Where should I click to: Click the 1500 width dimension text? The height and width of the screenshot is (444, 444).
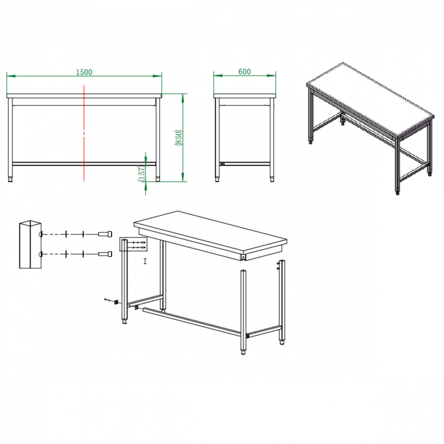point(84,72)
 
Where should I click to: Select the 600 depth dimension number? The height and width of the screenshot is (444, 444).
point(244,72)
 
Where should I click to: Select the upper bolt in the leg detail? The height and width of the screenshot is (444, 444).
point(105,234)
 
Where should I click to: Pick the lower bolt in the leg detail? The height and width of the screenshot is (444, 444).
point(105,254)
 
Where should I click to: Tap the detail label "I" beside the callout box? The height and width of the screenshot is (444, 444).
point(145,261)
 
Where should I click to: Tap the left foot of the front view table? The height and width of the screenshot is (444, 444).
point(11,180)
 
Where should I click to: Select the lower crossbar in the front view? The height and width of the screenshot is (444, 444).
point(84,163)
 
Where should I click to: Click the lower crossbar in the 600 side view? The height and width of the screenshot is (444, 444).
point(245,164)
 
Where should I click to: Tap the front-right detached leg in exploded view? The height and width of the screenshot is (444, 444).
point(243,311)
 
